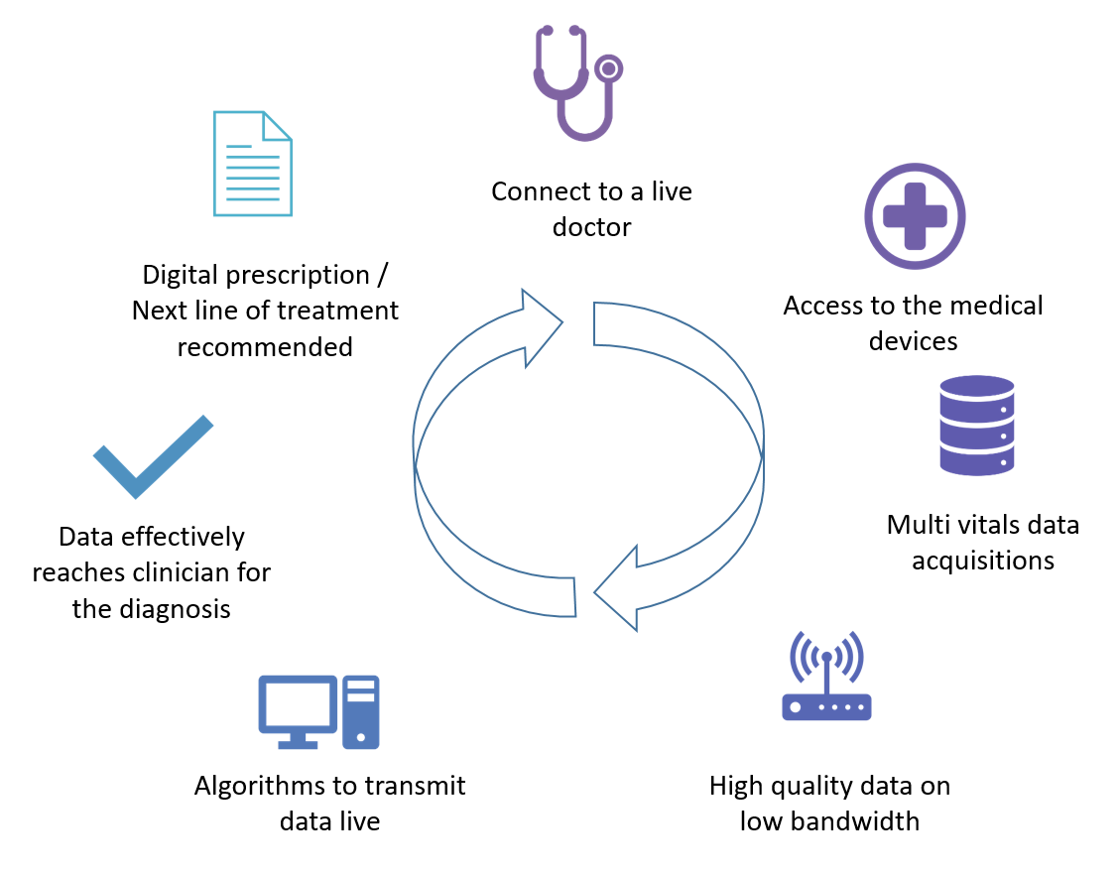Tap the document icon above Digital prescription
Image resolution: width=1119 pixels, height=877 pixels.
[253, 164]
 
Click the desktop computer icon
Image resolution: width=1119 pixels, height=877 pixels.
[317, 711]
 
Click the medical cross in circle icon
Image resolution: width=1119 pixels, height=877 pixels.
[915, 216]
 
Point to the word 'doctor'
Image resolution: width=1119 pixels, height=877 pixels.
[591, 227]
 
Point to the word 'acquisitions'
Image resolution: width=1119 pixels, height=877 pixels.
[982, 560]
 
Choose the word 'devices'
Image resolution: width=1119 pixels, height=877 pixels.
[913, 341]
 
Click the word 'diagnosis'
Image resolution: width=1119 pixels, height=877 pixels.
[177, 608]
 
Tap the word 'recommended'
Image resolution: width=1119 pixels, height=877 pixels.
[265, 346]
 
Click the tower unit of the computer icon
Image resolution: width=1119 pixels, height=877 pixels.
[360, 711]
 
